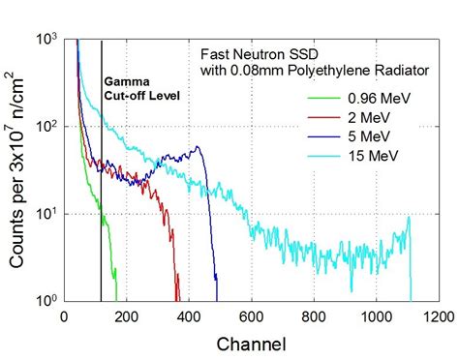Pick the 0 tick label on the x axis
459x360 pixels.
64,315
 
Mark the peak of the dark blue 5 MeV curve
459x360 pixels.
198,147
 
